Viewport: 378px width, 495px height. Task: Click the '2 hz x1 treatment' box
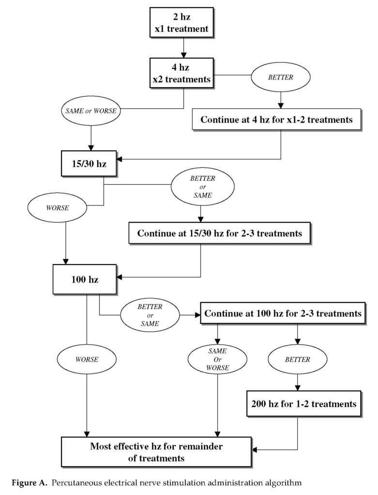tap(181, 23)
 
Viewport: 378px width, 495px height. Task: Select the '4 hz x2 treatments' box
tap(181, 73)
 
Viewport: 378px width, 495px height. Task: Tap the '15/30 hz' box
tap(89, 163)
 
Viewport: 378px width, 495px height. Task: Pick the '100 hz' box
tap(85, 279)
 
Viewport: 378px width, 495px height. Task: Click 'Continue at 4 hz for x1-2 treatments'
tap(276, 120)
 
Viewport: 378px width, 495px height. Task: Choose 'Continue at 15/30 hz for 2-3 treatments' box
tap(220, 233)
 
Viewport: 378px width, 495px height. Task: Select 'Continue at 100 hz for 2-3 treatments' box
tap(283, 313)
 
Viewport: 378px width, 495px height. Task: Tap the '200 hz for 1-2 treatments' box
tap(304, 404)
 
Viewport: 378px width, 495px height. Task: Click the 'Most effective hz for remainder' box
tap(156, 452)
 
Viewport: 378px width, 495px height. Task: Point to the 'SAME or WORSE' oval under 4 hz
tap(91, 111)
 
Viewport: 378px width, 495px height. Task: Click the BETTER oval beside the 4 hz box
tap(281, 77)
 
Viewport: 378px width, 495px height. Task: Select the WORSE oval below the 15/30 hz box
tap(57, 208)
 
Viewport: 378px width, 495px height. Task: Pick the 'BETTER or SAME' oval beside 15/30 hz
tap(203, 187)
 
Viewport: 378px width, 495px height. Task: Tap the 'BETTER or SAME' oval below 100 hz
tap(150, 315)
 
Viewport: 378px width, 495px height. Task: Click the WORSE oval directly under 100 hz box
tap(87, 359)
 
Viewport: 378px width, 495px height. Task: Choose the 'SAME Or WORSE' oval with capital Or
tap(217, 359)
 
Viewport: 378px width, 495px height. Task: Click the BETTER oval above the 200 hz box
tap(297, 359)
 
